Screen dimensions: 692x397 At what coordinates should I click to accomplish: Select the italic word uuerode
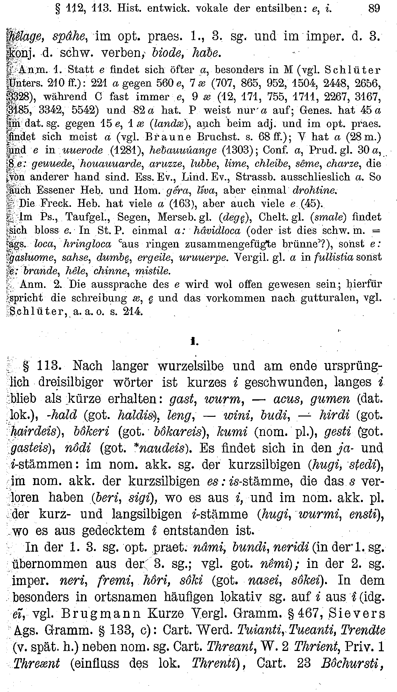pyautogui.click(x=83, y=150)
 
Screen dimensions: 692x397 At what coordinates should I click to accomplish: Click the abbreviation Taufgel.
pyautogui.click(x=87, y=217)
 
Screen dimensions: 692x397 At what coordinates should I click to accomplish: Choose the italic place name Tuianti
pyautogui.click(x=282, y=629)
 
